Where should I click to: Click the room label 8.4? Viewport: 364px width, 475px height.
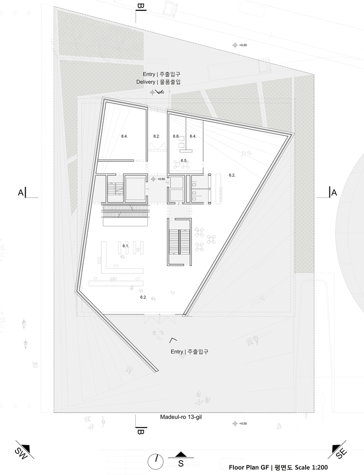click(125, 136)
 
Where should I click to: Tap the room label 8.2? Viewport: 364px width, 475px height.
click(156, 136)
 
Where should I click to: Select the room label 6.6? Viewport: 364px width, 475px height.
click(176, 136)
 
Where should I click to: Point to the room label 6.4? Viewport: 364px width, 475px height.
click(193, 136)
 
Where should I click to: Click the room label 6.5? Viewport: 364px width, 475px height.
click(184, 161)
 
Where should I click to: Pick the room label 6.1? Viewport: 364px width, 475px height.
click(126, 246)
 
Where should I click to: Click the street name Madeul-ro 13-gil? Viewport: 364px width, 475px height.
click(181, 417)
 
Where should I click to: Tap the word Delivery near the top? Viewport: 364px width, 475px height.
click(146, 82)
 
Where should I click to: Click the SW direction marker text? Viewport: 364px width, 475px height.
click(21, 453)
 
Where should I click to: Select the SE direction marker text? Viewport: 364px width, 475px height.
click(342, 454)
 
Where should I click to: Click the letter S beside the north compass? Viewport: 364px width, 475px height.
click(181, 463)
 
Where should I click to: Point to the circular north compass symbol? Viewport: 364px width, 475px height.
click(155, 461)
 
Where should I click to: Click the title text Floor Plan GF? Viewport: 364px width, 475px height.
click(249, 468)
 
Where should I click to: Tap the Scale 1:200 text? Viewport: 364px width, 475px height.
click(311, 468)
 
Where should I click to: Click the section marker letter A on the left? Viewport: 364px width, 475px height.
click(21, 193)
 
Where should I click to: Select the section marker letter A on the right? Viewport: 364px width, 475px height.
click(334, 193)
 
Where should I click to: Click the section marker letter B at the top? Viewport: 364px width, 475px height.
click(140, 6)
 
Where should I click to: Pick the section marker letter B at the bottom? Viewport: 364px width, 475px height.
click(140, 432)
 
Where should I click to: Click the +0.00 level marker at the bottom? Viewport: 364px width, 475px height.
click(240, 424)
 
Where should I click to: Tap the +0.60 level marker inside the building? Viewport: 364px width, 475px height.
click(158, 179)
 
